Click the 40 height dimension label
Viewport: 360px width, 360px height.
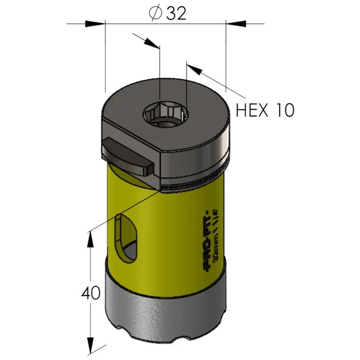coord(91,294)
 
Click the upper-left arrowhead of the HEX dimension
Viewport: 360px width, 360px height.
coord(151,43)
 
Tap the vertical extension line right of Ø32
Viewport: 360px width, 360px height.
coord(226,57)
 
